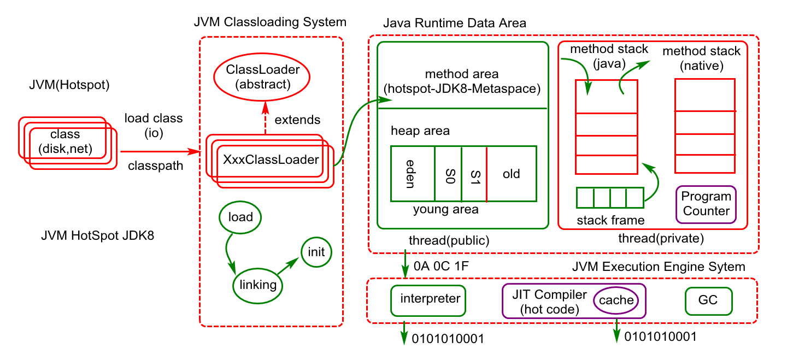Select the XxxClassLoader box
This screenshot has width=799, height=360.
(271, 160)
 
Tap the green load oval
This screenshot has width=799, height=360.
(240, 217)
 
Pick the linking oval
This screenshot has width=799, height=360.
(258, 285)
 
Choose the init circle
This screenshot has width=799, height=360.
(316, 252)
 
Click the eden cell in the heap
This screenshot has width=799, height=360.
(413, 174)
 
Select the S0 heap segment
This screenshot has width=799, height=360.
(448, 174)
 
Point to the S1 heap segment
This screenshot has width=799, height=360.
(474, 174)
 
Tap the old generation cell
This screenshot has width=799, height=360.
(512, 174)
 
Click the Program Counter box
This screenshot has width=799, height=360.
(706, 204)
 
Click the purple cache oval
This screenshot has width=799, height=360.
(616, 300)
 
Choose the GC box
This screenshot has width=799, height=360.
(708, 300)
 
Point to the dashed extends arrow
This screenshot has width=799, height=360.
(265, 118)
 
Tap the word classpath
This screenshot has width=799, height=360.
(155, 165)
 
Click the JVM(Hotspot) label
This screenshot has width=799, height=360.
(69, 85)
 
